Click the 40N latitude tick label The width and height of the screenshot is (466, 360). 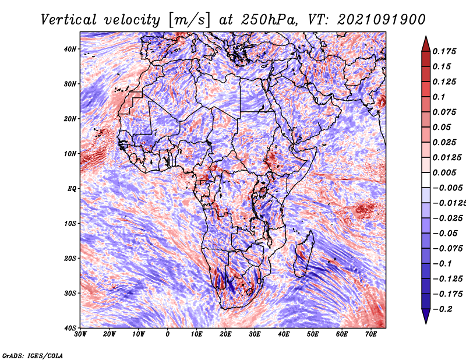coord(70,49)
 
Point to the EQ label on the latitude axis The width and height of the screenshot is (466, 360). coord(72,189)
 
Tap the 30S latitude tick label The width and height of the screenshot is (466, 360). coord(70,294)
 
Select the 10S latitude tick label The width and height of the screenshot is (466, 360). coord(70,224)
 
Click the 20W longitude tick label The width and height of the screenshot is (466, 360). coord(110,334)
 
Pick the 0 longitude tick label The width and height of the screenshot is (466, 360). coord(168,334)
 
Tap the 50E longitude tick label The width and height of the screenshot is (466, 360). coord(313,334)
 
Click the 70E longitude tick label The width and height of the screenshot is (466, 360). coord(371,334)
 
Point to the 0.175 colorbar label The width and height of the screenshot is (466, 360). coord(444,51)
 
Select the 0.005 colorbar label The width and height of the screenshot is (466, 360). coord(444,172)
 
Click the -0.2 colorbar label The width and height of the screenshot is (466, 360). coord(442,309)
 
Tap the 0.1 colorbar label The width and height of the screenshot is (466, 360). coord(439,97)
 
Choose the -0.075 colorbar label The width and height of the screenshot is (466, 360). coord(448,249)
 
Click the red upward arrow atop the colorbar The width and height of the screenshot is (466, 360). coord(426,44)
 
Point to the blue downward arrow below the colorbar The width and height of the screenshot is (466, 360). coord(426,316)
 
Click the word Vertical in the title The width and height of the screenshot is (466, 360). coord(69,20)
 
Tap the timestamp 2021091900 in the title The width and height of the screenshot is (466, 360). coord(382,20)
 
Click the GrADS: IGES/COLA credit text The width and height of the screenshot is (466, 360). coord(33,355)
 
